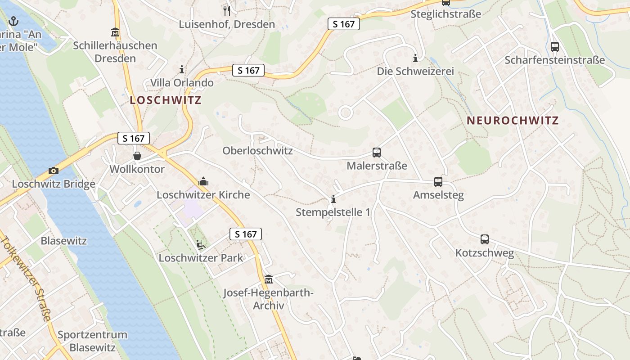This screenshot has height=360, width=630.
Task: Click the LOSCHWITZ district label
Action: [166, 100]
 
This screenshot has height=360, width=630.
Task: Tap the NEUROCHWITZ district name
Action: [513, 121]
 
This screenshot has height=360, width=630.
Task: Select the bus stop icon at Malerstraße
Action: [377, 153]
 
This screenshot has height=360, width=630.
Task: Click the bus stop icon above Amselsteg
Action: [438, 182]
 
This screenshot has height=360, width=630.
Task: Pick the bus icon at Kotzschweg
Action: [485, 239]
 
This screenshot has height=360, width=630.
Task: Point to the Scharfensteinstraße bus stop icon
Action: [555, 46]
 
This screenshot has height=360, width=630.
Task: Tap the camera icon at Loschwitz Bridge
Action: [54, 171]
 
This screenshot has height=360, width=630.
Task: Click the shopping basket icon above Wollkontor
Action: [137, 156]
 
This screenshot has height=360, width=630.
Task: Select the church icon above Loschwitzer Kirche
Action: [203, 181]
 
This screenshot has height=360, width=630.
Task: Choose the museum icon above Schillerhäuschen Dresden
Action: [115, 32]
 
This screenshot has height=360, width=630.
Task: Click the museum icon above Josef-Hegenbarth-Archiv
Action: [269, 279]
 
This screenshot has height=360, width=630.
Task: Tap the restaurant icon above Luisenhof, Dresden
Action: [227, 10]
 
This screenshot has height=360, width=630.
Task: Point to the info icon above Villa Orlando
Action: [182, 70]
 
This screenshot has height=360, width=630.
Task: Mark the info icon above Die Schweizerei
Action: [415, 58]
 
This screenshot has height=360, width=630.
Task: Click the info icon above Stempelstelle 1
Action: [333, 198]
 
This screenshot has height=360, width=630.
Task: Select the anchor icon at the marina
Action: [13, 21]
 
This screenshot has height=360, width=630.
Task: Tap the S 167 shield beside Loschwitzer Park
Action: [246, 234]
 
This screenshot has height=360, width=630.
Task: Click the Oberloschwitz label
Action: [257, 151]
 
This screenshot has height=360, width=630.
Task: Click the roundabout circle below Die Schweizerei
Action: [345, 112]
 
